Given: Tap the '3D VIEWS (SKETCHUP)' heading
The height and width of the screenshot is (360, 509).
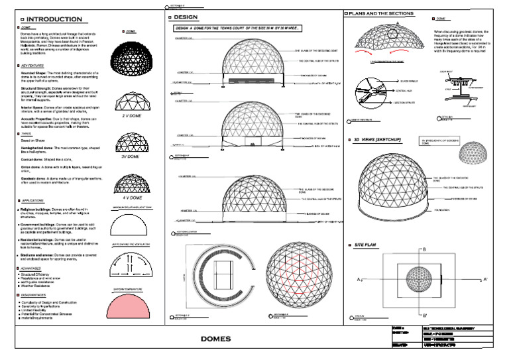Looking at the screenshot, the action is point(382,141).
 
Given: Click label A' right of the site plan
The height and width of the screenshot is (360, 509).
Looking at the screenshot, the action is point(486,280).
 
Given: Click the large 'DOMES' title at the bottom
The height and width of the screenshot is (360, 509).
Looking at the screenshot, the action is point(215,339).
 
